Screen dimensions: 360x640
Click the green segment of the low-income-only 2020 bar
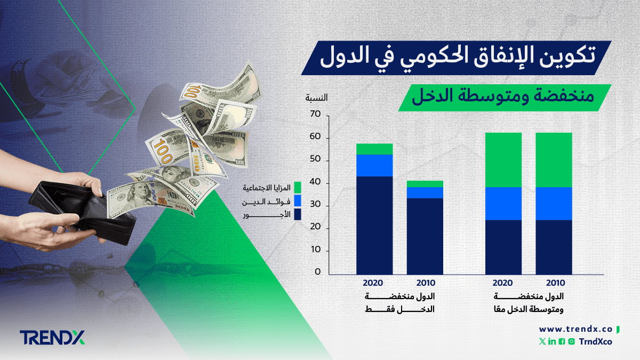374,149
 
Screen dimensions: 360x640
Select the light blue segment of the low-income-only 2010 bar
425,192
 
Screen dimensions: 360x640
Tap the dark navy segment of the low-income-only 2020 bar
374,224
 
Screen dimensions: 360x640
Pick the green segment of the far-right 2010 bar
554,159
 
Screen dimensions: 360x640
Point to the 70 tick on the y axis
314,115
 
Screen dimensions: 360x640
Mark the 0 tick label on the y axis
317,273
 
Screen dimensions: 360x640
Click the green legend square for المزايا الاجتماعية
298,188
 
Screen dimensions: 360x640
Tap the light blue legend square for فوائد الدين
298,202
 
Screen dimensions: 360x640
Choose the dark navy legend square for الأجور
298,215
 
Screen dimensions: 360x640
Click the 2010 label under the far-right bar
554,283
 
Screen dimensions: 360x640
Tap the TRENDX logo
52,338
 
